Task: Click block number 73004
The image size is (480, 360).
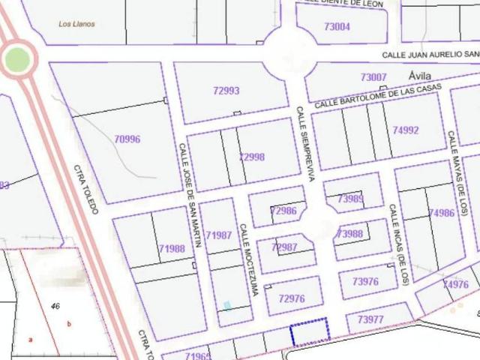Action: click(x=337, y=27)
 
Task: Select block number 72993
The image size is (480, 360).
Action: click(x=226, y=91)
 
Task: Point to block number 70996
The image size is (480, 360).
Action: click(x=127, y=139)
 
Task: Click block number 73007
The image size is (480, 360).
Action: click(x=373, y=77)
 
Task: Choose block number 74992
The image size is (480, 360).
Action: click(x=405, y=130)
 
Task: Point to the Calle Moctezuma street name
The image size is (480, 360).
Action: click(x=248, y=259)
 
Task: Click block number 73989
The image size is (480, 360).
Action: click(x=350, y=199)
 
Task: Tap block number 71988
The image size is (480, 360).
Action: click(x=172, y=249)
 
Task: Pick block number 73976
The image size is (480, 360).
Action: click(x=365, y=282)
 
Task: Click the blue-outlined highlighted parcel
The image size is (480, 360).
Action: click(x=310, y=331)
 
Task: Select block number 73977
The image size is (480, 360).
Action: click(x=370, y=319)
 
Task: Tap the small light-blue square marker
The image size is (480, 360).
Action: click(x=227, y=305)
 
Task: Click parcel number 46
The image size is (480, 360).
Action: click(x=55, y=306)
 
